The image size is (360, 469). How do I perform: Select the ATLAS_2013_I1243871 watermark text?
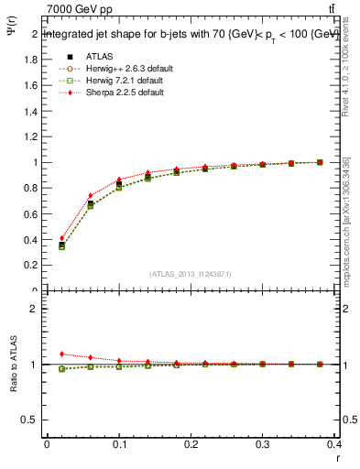pos(190,274)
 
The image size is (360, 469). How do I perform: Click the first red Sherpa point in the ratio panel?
pos(61,354)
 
